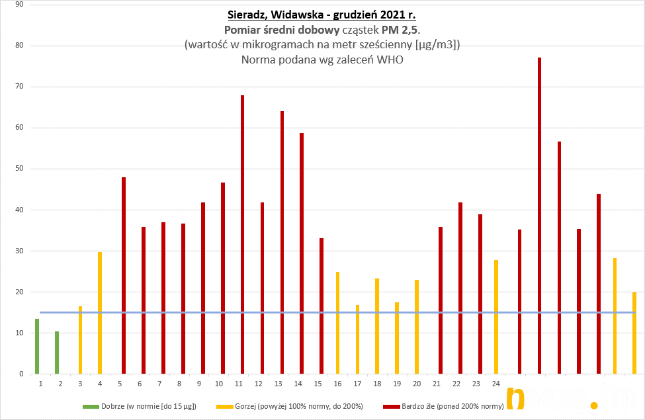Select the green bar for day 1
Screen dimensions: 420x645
(37, 347)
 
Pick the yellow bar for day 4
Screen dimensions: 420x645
(100, 313)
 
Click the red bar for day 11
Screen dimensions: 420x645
(242, 235)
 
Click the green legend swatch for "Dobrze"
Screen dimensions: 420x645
(95, 405)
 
